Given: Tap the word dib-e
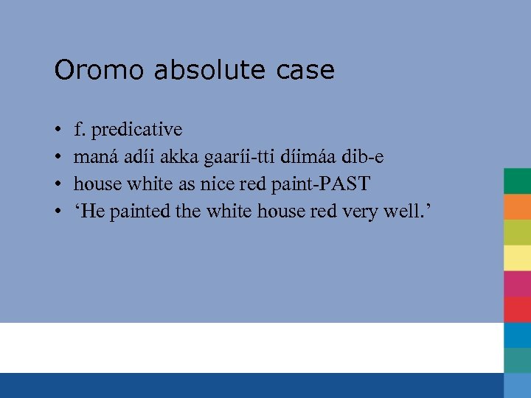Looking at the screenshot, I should pos(362,157).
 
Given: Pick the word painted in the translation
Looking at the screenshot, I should pos(140,212).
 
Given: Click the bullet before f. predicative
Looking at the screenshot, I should pos(58,130).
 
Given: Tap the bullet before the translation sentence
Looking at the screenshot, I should pos(58,212).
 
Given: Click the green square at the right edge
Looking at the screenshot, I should pos(517,181).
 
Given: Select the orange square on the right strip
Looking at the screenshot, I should pos(517,206).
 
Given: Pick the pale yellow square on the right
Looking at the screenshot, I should pos(517,258).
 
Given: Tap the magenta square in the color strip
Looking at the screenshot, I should pos(517,284).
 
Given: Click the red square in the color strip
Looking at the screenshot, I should pos(517,310).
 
